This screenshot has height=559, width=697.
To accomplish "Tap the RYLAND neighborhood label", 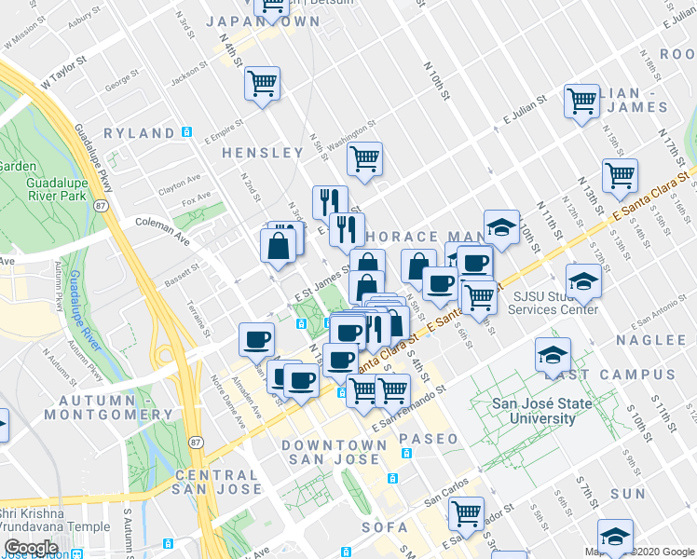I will (139, 133).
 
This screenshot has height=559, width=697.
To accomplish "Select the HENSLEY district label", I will (263, 152).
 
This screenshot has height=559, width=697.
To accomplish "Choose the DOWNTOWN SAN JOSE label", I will (336, 452).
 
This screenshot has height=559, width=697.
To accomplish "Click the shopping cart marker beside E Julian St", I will (582, 100).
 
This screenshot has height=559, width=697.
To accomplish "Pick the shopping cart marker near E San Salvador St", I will (466, 511).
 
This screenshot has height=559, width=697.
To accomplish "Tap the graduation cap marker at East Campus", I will (553, 353).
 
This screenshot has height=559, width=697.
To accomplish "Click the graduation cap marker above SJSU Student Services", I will (583, 279).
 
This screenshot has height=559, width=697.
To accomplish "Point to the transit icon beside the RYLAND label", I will (187, 132).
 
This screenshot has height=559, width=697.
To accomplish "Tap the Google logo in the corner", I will (31, 548).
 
